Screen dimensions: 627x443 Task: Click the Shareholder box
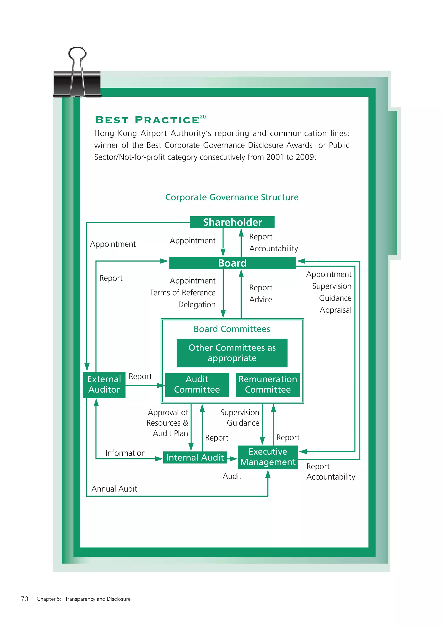[232, 222]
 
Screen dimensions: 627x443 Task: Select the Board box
[232, 263]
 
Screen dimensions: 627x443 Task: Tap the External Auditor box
[104, 385]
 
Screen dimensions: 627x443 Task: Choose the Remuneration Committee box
[268, 385]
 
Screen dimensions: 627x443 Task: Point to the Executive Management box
[268, 457]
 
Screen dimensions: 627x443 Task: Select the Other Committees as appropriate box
[232, 353]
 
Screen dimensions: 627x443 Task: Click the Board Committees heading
[232, 329]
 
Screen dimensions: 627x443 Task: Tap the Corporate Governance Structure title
[232, 197]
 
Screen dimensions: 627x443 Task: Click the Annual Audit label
[114, 489]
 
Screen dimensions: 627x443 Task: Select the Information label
[125, 453]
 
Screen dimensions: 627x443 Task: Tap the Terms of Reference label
[183, 293]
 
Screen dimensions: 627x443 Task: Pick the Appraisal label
[335, 310]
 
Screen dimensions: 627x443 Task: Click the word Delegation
[197, 304]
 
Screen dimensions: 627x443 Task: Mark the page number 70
[24, 599]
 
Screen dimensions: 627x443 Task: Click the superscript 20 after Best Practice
[203, 117]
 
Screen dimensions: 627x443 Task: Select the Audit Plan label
[170, 433]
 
